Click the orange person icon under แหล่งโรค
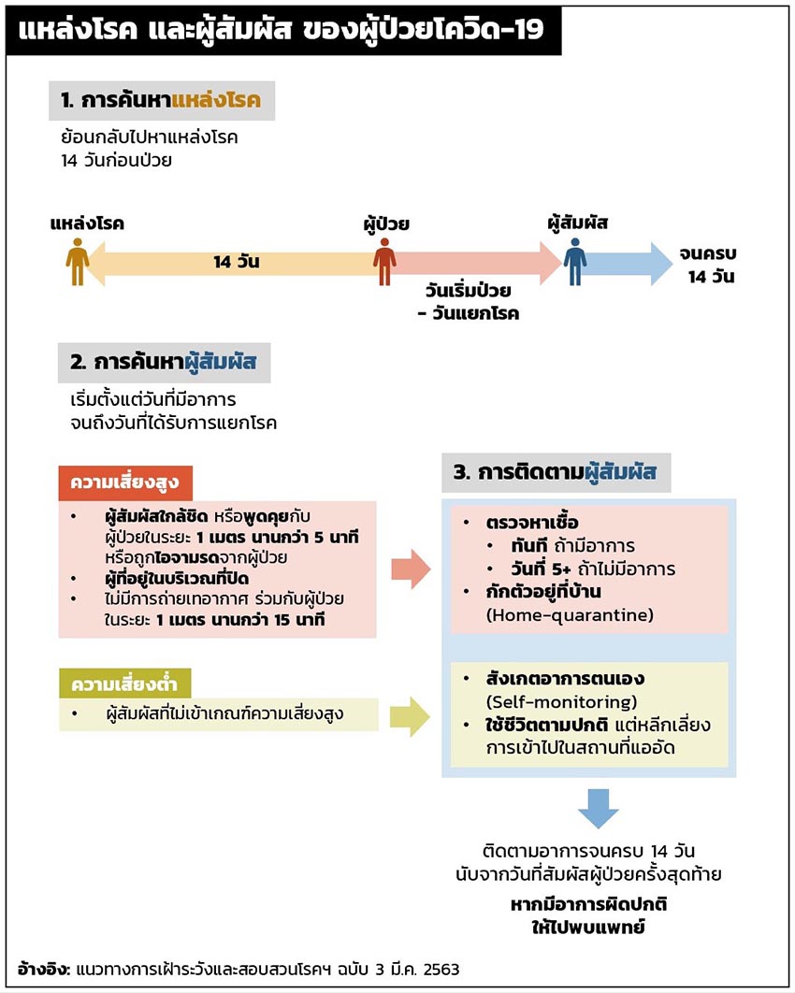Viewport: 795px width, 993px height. pyautogui.click(x=78, y=262)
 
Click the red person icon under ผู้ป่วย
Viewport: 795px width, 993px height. pyautogui.click(x=384, y=262)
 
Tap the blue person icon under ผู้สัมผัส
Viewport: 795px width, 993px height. pyautogui.click(x=575, y=262)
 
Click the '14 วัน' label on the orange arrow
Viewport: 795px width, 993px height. pyautogui.click(x=236, y=263)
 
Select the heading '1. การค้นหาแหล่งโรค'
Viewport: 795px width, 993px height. pyautogui.click(x=163, y=101)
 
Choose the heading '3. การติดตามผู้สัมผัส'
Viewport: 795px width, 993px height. pyautogui.click(x=556, y=473)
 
